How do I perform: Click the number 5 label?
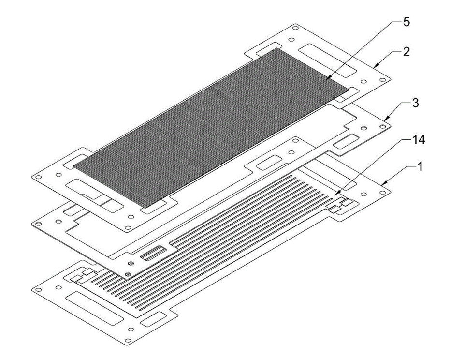[x=406, y=22]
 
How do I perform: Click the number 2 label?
[x=406, y=52]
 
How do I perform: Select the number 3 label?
[x=416, y=103]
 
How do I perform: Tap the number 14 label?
[x=419, y=139]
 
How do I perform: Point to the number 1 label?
[x=420, y=167]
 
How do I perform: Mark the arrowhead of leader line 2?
[x=375, y=67]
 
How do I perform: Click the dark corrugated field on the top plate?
[x=211, y=128]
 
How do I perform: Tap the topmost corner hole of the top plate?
[x=295, y=28]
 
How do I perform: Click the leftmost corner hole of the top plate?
[x=37, y=177]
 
